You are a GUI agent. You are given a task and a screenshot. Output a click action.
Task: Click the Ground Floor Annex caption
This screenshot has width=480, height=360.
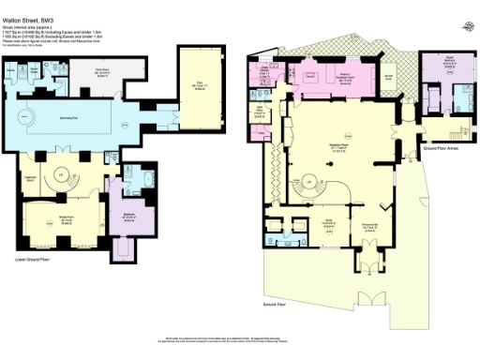439,148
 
